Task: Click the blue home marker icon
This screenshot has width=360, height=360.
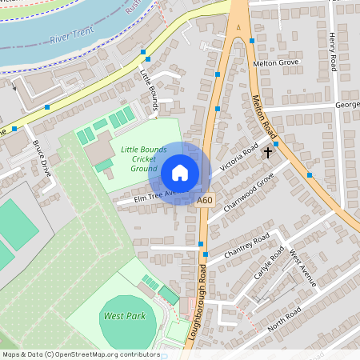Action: pos(180,173)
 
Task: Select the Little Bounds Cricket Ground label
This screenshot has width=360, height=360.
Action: pos(143,158)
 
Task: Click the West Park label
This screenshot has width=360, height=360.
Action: pos(124,316)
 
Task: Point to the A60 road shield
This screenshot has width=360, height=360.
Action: pos(205,200)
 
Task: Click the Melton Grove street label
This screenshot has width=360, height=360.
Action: pos(275,62)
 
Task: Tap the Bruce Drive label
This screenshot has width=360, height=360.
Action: pos(41,158)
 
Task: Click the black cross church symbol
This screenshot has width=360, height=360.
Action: pos(267,150)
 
